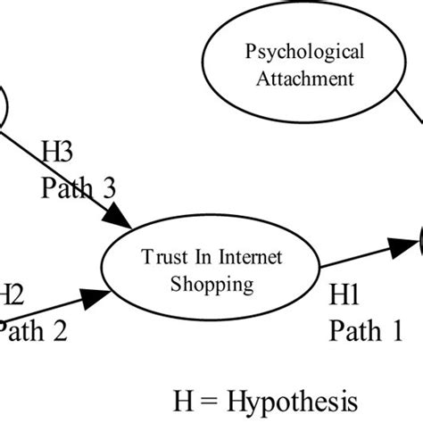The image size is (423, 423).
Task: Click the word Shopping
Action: [211, 285]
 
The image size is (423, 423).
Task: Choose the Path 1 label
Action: [366, 331]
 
